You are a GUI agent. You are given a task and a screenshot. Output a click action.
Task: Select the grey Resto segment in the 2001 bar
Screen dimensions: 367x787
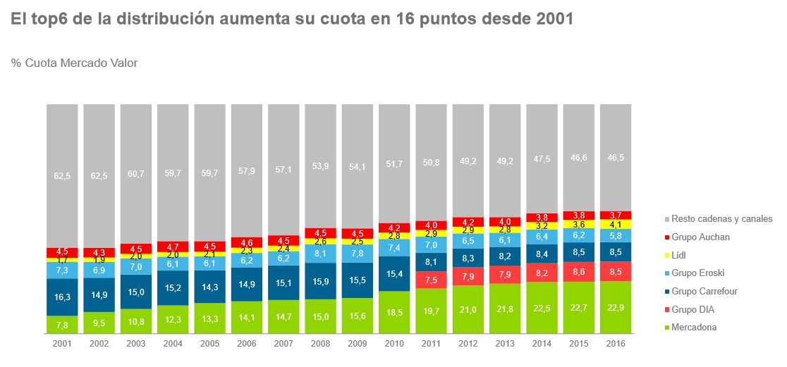click(62, 176)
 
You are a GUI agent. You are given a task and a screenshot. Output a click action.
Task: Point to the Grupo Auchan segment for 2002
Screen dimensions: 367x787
click(99, 252)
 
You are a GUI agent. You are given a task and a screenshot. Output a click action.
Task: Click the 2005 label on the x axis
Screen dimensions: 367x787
click(210, 343)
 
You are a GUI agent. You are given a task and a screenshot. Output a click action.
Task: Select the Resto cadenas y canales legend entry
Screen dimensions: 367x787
click(721, 218)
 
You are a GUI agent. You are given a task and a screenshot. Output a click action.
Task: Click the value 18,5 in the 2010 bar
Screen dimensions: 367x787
click(395, 313)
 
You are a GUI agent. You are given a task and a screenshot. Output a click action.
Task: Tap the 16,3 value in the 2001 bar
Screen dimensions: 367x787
click(62, 297)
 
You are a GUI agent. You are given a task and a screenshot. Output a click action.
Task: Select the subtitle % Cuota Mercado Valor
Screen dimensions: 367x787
click(74, 63)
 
